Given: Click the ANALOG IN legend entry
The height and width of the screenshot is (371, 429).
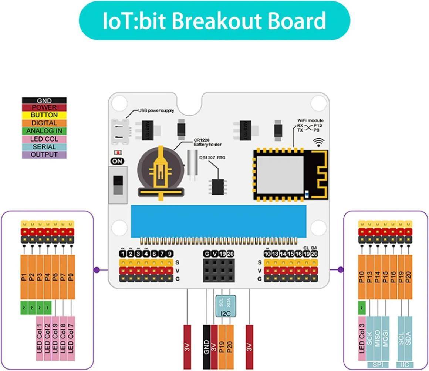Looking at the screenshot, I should coord(44,131).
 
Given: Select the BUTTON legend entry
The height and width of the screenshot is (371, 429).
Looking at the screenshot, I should coord(44,115).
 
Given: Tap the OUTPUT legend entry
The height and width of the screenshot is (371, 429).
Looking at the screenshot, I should coord(44,155).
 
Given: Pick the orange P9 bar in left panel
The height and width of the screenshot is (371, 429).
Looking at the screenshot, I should coord(71,276).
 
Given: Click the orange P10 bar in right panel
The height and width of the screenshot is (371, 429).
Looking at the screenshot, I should coord(362,276).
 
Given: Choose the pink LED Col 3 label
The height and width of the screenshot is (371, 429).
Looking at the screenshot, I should coord(362,338).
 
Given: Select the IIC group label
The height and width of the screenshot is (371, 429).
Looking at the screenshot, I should coord(405,365).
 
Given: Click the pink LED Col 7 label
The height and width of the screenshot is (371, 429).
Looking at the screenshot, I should coord(71,338).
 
